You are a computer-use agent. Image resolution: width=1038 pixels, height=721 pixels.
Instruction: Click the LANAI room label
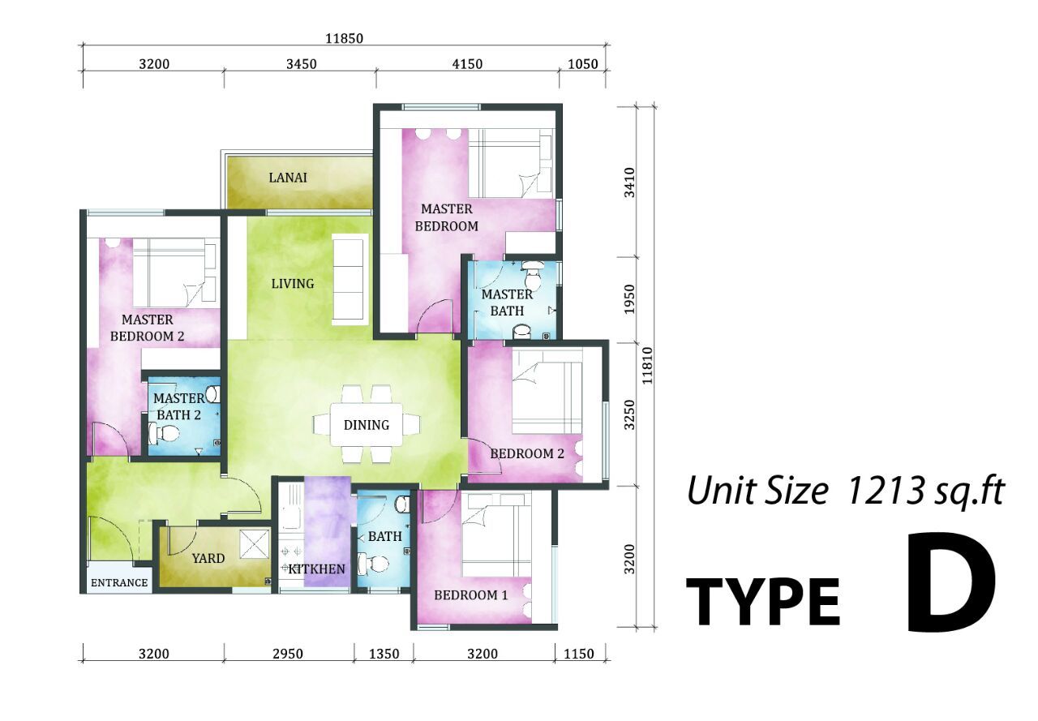click(x=288, y=178)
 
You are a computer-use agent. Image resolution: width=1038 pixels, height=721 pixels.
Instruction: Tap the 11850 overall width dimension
click(x=345, y=38)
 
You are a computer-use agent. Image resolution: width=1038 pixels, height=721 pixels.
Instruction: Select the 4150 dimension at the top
click(x=468, y=64)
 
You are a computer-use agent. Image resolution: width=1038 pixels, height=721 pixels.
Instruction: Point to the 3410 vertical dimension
click(x=629, y=182)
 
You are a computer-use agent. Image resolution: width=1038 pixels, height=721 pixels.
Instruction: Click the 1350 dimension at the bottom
click(x=384, y=654)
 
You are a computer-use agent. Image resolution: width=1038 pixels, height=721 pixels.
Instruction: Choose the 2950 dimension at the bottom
click(x=288, y=654)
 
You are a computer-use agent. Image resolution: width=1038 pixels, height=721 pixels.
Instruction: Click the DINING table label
click(x=367, y=425)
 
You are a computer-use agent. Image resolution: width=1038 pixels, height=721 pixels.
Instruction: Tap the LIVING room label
click(x=293, y=284)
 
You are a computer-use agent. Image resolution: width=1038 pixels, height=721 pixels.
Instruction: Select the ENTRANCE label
click(x=119, y=583)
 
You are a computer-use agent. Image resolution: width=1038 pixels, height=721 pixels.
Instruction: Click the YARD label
click(x=208, y=558)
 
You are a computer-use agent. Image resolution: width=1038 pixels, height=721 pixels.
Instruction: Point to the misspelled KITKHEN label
click(x=317, y=569)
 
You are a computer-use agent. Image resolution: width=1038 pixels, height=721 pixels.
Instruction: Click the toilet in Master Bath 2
click(x=164, y=434)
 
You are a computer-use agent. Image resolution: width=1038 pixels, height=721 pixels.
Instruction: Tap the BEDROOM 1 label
click(x=471, y=595)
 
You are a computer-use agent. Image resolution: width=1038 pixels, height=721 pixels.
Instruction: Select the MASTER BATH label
click(x=507, y=303)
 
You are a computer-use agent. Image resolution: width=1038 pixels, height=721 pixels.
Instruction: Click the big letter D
click(x=950, y=583)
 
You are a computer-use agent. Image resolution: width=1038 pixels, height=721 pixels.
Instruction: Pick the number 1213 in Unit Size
click(x=886, y=491)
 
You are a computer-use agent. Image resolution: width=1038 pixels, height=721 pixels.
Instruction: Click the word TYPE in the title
click(x=763, y=602)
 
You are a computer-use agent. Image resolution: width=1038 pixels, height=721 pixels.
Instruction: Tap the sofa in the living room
click(x=350, y=280)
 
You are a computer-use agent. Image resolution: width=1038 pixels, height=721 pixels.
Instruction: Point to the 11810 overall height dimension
click(x=647, y=366)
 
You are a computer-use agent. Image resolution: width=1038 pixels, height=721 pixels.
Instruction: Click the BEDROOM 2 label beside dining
click(x=527, y=453)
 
